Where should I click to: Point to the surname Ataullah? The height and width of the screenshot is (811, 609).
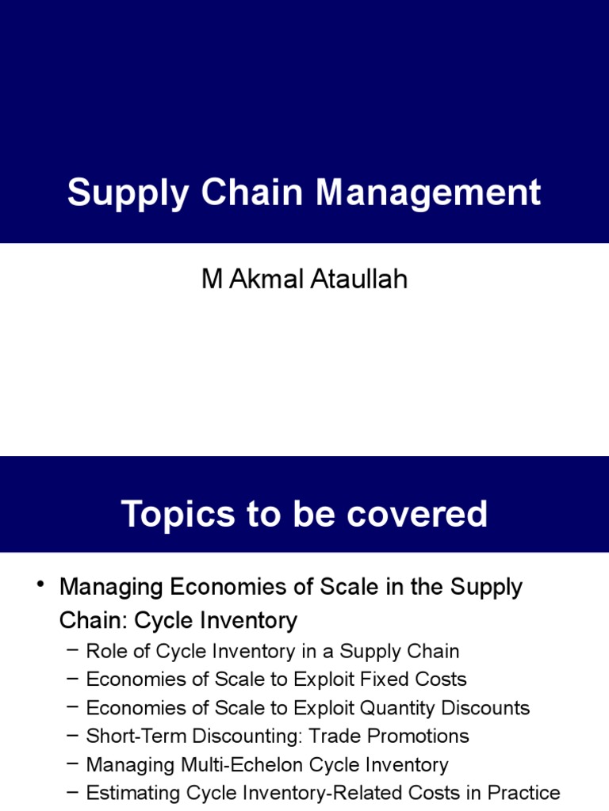[x=358, y=279]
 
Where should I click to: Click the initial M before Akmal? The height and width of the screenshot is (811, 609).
[x=211, y=279]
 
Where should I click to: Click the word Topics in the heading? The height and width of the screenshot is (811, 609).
[x=168, y=514]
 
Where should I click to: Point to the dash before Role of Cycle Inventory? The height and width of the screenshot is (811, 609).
[x=73, y=651]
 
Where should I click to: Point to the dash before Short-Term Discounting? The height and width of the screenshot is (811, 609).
[x=73, y=736]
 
